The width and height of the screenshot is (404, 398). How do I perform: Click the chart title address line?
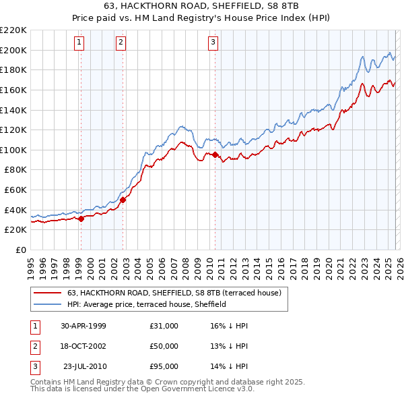pos(202,6)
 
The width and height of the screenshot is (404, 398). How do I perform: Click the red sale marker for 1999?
pos(81,219)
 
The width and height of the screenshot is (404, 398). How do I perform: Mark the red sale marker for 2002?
pos(123,200)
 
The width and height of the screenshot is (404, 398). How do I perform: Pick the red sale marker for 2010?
pos(215,154)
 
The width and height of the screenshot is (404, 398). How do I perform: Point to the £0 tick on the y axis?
pos(22,250)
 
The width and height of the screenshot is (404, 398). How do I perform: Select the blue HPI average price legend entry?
pos(147,304)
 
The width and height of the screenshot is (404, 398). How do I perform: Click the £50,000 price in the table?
pos(164,346)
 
